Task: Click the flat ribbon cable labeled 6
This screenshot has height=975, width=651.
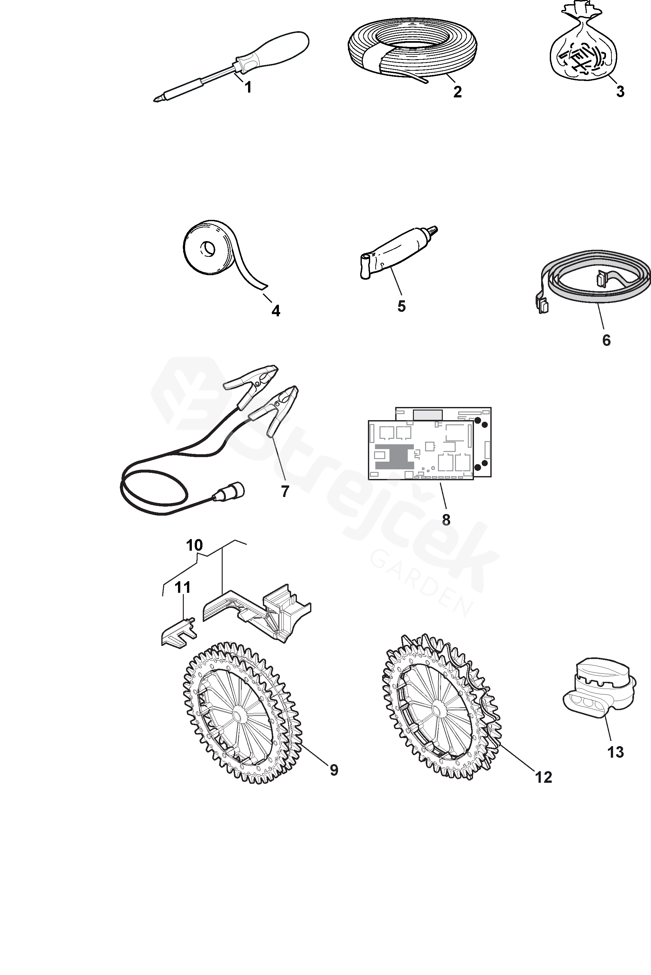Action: point(598,286)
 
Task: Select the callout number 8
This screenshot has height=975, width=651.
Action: point(446,519)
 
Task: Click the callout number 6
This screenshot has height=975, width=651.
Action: point(606,340)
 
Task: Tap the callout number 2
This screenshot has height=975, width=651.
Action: point(457,92)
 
